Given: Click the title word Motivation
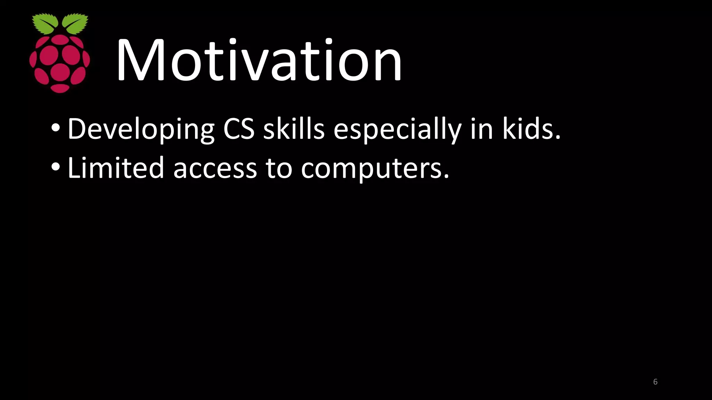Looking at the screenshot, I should click(x=259, y=61).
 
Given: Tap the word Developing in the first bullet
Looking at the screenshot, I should click(x=141, y=129).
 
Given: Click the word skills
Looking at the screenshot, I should click(x=294, y=129).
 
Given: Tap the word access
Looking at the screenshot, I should click(x=215, y=169).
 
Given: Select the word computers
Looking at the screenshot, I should click(x=375, y=169).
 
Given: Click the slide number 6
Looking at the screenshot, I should click(x=655, y=382).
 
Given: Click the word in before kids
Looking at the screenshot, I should click(x=482, y=129).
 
